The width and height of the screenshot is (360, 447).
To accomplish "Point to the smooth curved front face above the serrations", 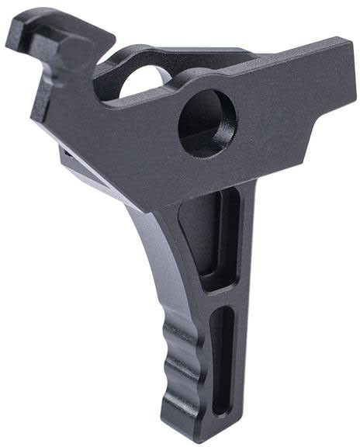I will point(147,256).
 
